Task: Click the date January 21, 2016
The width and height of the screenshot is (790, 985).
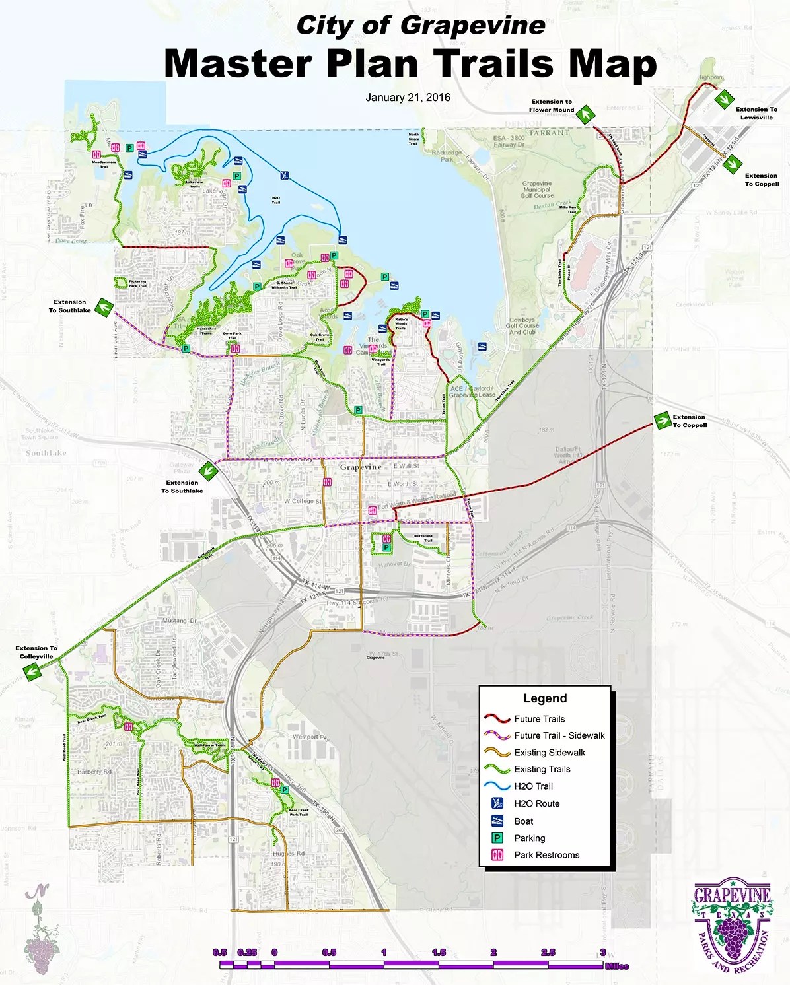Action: pyautogui.click(x=408, y=98)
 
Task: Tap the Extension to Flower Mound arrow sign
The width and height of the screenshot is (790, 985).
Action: pyautogui.click(x=584, y=115)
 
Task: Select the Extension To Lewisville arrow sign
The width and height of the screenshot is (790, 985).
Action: pyautogui.click(x=723, y=98)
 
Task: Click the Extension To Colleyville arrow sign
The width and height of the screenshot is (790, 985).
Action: pyautogui.click(x=30, y=671)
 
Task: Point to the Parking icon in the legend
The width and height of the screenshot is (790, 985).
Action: pyautogui.click(x=497, y=838)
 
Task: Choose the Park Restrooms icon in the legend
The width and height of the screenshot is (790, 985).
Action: pyautogui.click(x=497, y=855)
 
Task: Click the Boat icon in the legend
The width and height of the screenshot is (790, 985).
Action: pyautogui.click(x=497, y=821)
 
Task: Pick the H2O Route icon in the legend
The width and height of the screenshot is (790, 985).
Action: pyautogui.click(x=497, y=803)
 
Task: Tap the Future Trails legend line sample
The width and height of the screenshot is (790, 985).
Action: pyautogui.click(x=497, y=719)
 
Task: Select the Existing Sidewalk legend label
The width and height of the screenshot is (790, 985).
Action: pyautogui.click(x=550, y=753)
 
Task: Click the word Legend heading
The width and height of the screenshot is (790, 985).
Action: pyautogui.click(x=545, y=698)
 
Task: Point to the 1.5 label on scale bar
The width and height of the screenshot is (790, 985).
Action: pyautogui.click(x=439, y=952)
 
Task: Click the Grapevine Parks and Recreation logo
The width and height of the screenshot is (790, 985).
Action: pyautogui.click(x=731, y=924)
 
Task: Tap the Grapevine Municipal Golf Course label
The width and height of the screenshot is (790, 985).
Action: pyautogui.click(x=537, y=189)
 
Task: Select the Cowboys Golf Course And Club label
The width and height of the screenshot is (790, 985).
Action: pyautogui.click(x=522, y=325)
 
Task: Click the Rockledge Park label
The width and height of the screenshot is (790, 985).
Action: pyautogui.click(x=447, y=156)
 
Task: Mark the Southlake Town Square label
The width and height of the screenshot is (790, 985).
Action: pyautogui.click(x=40, y=434)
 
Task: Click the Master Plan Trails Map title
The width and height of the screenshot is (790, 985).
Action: pyautogui.click(x=410, y=64)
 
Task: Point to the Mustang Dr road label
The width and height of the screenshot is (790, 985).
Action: pyautogui.click(x=179, y=621)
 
